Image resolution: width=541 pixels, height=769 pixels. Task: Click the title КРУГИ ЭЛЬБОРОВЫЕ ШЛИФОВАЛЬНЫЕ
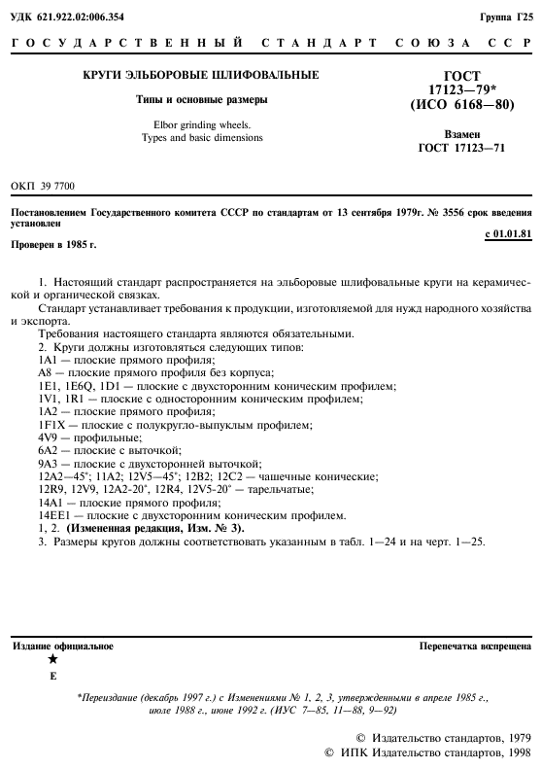click(x=200, y=75)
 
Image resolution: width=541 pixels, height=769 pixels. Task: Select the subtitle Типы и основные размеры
click(x=200, y=99)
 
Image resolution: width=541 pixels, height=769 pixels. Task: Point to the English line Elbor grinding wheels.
click(x=200, y=124)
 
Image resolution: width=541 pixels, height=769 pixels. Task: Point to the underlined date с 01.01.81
click(x=507, y=234)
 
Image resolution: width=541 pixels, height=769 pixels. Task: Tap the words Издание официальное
click(x=63, y=646)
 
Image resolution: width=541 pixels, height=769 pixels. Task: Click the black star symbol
click(x=52, y=660)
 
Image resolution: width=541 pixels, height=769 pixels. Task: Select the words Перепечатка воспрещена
click(x=475, y=646)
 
